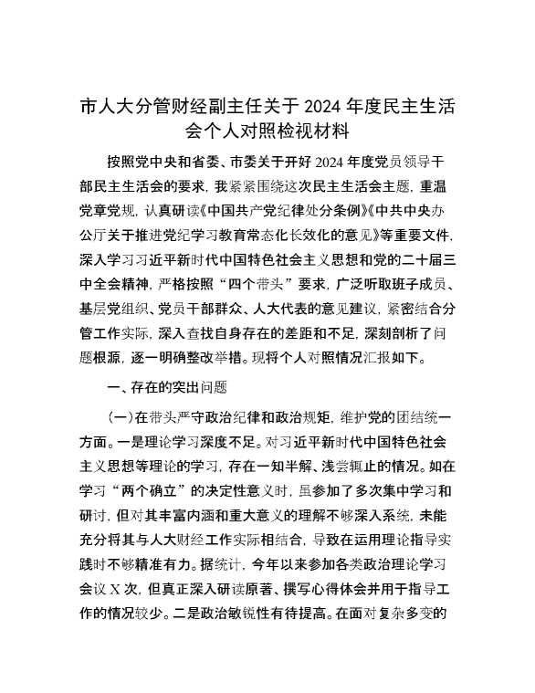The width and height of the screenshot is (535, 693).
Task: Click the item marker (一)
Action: (x=121, y=394)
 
